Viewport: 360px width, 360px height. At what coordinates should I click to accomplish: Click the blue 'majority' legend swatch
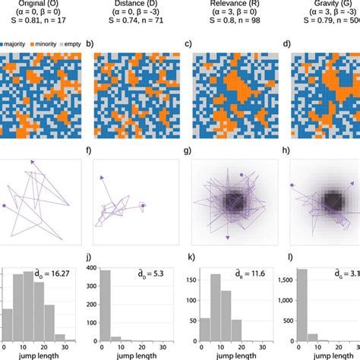click(x=2, y=45)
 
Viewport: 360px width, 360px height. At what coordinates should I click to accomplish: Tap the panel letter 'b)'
click(x=90, y=45)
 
